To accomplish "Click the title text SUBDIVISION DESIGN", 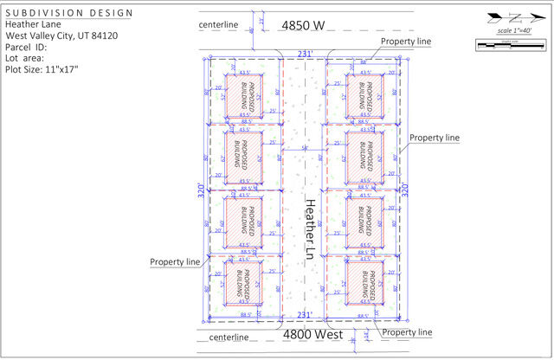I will [69, 14].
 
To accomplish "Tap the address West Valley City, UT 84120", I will [61, 36].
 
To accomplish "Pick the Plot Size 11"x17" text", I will [42, 70].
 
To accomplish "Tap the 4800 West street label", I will [315, 334].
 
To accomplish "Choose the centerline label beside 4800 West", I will [228, 337].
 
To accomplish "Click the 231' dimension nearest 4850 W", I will [305, 54].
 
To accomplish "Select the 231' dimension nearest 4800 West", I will [305, 315].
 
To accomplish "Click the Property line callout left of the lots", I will [175, 261].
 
